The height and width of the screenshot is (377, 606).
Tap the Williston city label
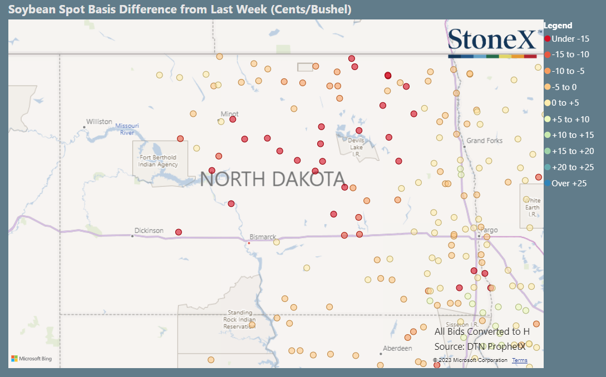click(x=99, y=122)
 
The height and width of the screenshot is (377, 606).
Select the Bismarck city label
click(x=263, y=237)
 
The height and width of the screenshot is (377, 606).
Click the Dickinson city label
click(x=149, y=230)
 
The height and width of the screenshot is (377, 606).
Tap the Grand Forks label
click(x=484, y=141)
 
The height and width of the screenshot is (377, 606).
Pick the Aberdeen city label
click(x=397, y=349)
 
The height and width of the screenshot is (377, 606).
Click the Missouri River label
click(x=127, y=129)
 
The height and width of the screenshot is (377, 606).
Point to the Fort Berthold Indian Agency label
click(x=159, y=161)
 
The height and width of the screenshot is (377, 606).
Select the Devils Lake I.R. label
click(x=356, y=147)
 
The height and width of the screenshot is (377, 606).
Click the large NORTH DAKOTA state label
click(x=272, y=179)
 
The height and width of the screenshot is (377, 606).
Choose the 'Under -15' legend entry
click(x=570, y=39)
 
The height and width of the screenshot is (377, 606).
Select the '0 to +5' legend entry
click(x=565, y=103)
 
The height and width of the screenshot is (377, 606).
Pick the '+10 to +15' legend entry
click(x=573, y=135)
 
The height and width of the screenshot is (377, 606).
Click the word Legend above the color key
click(x=558, y=26)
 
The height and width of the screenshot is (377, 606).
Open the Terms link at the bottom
click(x=520, y=360)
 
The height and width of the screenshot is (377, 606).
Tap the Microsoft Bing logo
click(x=32, y=359)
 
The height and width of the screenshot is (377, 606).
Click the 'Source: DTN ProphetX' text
click(x=480, y=346)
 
